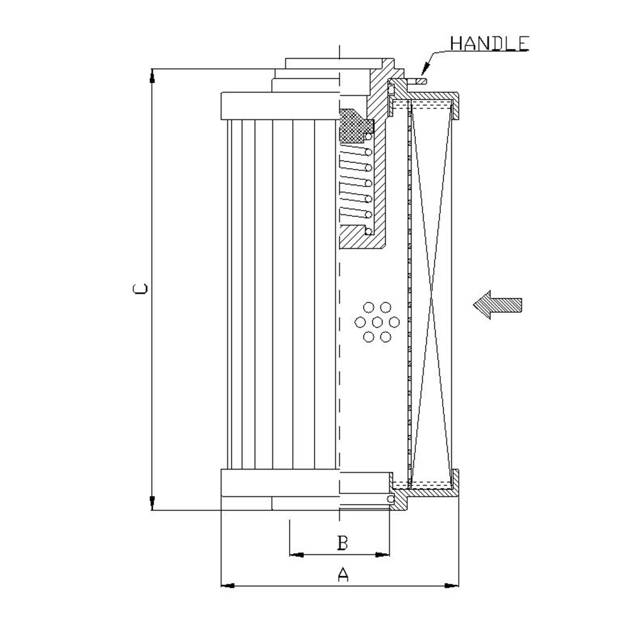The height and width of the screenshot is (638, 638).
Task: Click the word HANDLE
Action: (489, 43)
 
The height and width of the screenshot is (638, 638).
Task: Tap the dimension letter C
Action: (140, 288)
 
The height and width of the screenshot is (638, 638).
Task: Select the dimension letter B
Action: (343, 543)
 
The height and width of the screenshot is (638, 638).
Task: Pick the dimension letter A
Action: (343, 574)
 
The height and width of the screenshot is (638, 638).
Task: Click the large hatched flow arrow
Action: (497, 305)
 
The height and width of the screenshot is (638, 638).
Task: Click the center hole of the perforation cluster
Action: (377, 322)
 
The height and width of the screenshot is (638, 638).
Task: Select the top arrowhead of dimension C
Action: (152, 76)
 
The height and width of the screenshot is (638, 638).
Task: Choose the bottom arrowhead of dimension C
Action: (152, 503)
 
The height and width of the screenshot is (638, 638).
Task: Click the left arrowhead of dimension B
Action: (297, 554)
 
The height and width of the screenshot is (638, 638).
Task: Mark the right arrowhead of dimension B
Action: (382, 554)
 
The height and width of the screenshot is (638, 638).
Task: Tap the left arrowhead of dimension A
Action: (228, 586)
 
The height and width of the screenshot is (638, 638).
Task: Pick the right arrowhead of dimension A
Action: (451, 586)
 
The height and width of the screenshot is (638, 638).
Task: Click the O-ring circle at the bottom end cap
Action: (390, 499)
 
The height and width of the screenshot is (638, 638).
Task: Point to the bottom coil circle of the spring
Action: (369, 231)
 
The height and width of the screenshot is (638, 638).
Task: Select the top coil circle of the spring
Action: (369, 137)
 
